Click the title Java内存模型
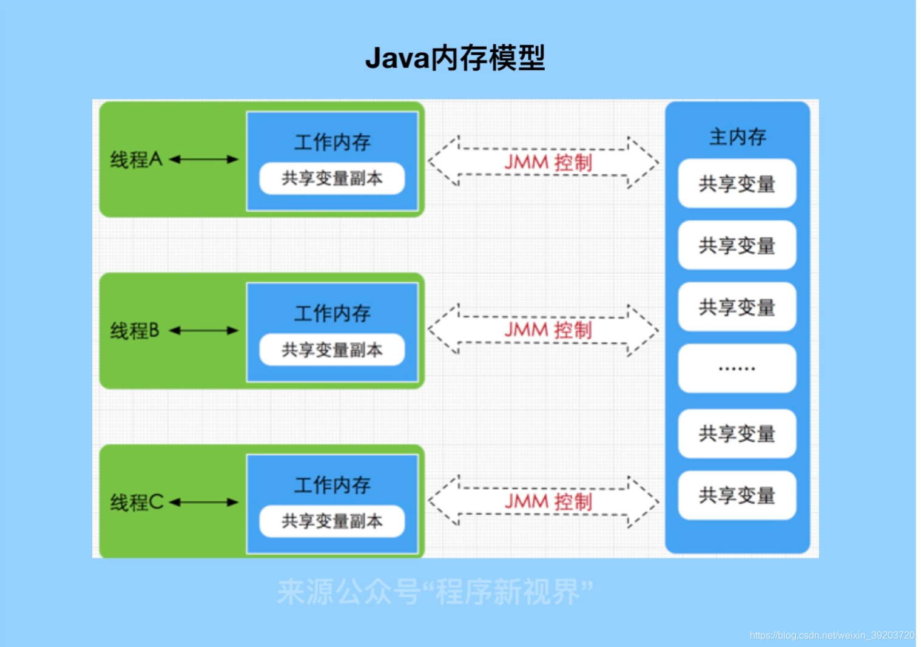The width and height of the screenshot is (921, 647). pyautogui.click(x=455, y=58)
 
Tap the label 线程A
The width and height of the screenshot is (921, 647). pyautogui.click(x=136, y=160)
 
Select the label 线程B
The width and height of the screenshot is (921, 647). pyautogui.click(x=135, y=331)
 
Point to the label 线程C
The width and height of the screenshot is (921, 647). pyautogui.click(x=137, y=503)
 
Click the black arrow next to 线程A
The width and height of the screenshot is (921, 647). pyautogui.click(x=204, y=160)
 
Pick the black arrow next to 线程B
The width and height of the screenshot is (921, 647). pyautogui.click(x=204, y=331)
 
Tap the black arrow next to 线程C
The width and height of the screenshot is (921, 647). pyautogui.click(x=204, y=503)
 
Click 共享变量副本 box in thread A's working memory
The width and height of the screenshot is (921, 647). pyautogui.click(x=332, y=178)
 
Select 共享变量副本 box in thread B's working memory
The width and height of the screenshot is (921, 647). pyautogui.click(x=332, y=350)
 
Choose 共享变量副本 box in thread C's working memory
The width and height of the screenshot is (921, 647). pyautogui.click(x=332, y=521)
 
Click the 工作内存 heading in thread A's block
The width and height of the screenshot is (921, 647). pyautogui.click(x=332, y=143)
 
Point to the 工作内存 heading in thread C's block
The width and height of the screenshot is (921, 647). pyautogui.click(x=332, y=485)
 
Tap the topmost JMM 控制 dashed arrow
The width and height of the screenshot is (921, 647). pyautogui.click(x=543, y=162)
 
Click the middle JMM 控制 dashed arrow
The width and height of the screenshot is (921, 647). pyautogui.click(x=543, y=330)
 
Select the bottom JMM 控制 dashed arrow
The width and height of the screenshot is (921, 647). pyautogui.click(x=543, y=502)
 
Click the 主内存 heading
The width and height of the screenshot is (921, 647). pyautogui.click(x=737, y=137)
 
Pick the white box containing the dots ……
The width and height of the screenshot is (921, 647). pyautogui.click(x=737, y=368)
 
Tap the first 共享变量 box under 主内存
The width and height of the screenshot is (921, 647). pyautogui.click(x=737, y=184)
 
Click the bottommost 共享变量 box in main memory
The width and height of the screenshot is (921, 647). pyautogui.click(x=737, y=495)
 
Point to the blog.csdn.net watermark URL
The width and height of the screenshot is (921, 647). pyautogui.click(x=831, y=635)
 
